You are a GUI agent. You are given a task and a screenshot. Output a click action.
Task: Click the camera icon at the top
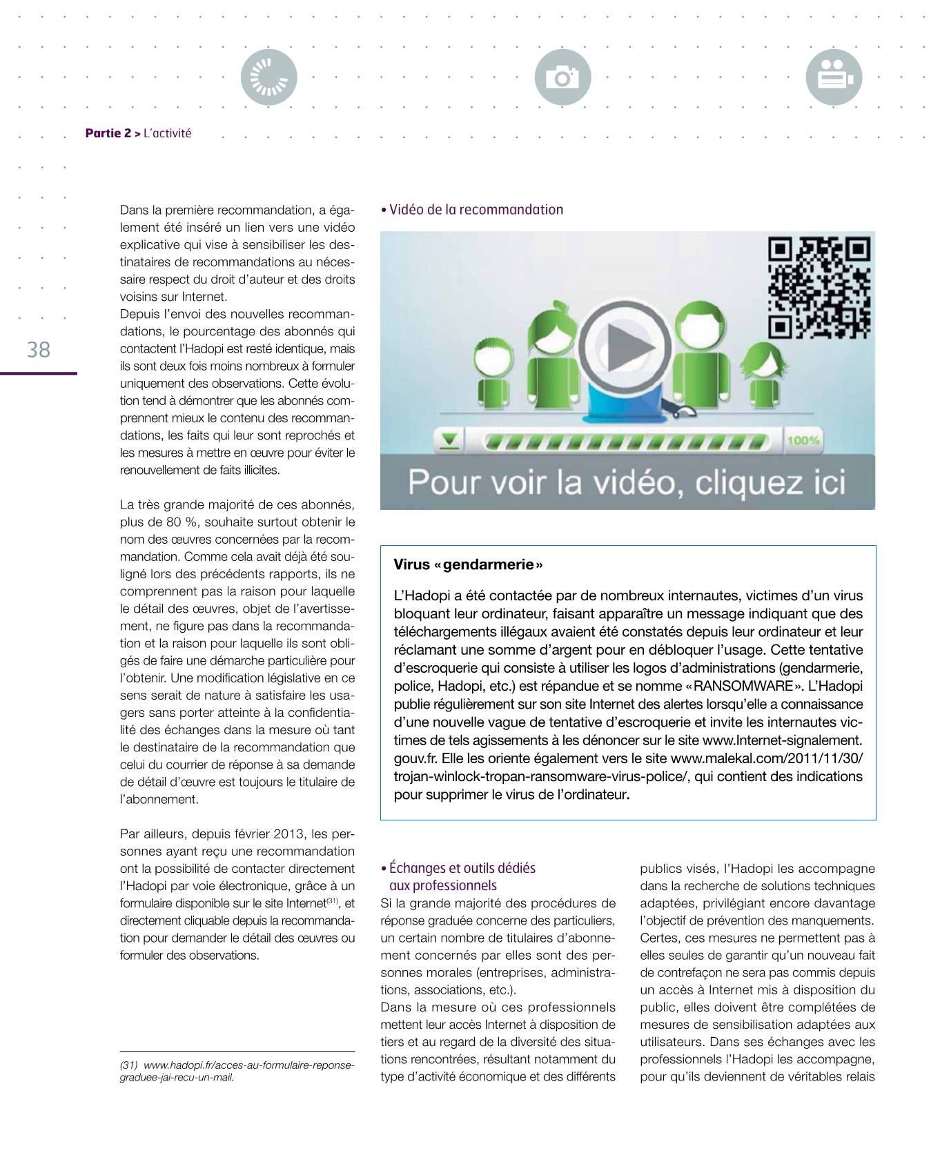tap(562, 77)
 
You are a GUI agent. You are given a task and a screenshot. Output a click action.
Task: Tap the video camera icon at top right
tap(834, 77)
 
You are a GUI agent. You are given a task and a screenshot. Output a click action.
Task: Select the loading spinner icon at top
tap(268, 77)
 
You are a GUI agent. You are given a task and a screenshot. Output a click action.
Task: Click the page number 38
tap(39, 350)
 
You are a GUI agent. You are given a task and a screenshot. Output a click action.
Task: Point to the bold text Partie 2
tap(108, 133)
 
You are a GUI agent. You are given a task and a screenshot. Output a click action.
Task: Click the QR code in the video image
tap(819, 288)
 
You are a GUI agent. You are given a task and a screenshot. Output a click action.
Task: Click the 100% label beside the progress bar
tap(803, 440)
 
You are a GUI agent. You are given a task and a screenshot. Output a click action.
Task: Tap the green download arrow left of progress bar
tap(449, 441)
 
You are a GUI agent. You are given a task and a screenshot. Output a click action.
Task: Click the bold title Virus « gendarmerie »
tap(468, 564)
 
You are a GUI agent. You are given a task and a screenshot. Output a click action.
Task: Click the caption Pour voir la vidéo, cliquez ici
tap(626, 482)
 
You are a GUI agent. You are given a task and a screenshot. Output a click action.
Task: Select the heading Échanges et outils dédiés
tap(462, 868)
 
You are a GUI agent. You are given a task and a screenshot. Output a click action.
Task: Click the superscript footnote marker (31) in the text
tap(332, 901)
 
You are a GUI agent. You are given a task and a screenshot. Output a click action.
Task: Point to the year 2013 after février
tap(287, 834)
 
